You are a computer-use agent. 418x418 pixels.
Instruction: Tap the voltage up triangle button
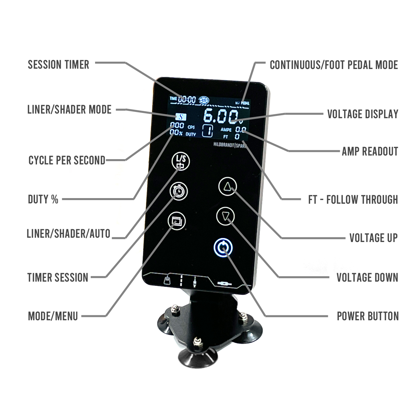[227, 187]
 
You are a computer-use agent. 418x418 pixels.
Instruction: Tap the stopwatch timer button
[179, 191]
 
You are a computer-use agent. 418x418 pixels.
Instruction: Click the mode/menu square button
[177, 221]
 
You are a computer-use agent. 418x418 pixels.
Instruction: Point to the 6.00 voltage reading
[220, 116]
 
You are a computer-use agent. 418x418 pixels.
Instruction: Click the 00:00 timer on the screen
[187, 99]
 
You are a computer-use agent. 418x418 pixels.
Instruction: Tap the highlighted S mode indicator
[181, 117]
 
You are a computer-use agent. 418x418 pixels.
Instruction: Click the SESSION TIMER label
[58, 64]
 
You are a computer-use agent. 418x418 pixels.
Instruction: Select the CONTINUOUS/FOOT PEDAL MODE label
[334, 65]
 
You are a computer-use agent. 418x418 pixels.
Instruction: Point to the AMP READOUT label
[370, 152]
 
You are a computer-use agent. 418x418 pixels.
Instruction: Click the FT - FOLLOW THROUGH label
[353, 199]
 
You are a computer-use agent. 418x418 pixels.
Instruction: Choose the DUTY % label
[43, 199]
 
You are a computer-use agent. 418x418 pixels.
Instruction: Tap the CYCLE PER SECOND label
[67, 160]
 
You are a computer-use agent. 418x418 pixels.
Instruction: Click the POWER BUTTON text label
[367, 316]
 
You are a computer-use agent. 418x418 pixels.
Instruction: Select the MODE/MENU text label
[53, 316]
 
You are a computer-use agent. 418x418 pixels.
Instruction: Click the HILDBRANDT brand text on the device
[225, 145]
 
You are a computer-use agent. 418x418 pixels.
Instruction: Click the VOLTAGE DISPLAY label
[363, 114]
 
